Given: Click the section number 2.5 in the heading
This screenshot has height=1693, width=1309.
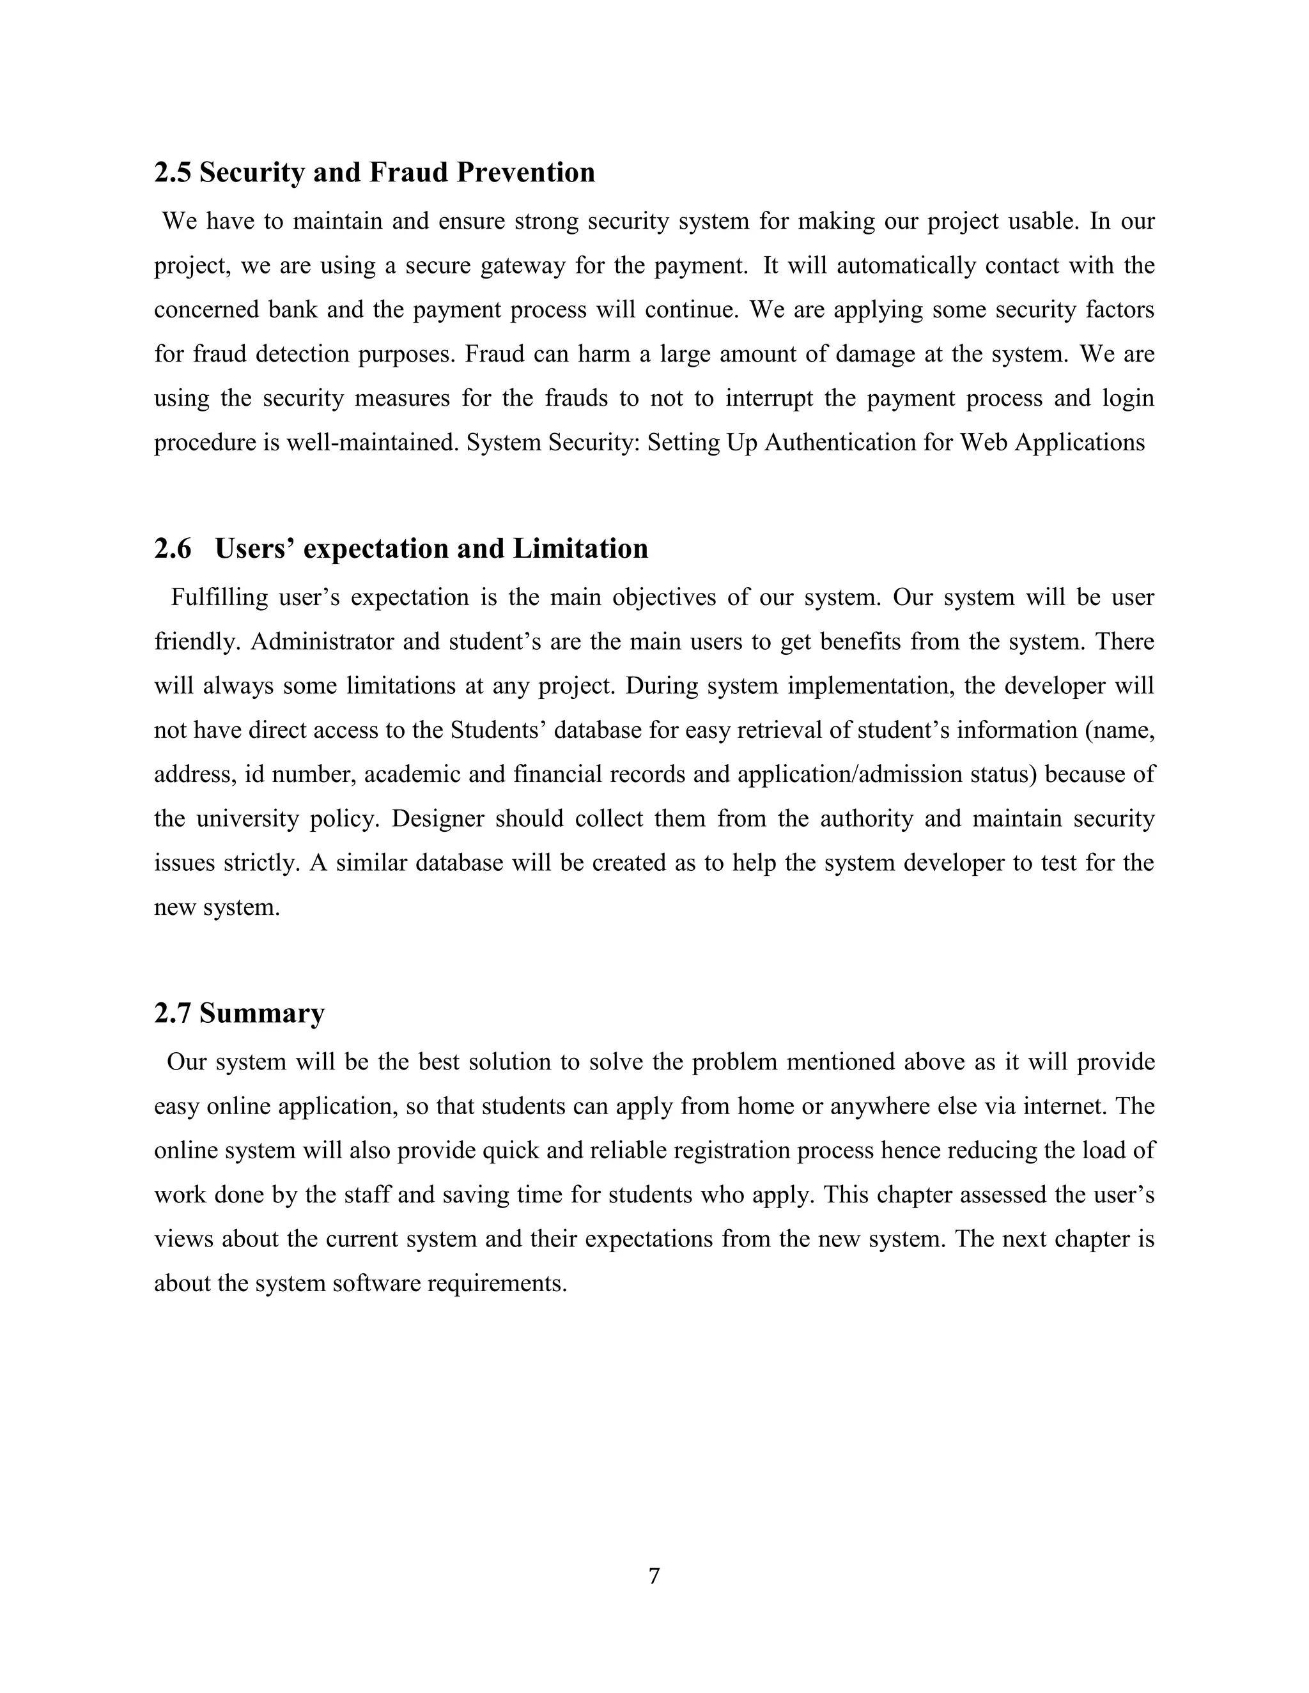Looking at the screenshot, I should [171, 172].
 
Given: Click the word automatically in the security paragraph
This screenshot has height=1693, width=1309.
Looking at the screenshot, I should [902, 266].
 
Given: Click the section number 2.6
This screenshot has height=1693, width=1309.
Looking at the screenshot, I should [172, 549].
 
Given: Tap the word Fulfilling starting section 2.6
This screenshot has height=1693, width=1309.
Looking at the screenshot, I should [219, 598].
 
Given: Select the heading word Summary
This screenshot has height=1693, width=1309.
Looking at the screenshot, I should [261, 1013].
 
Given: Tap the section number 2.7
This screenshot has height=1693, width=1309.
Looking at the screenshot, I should [171, 1013].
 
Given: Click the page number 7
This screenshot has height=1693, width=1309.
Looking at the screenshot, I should [654, 1576].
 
